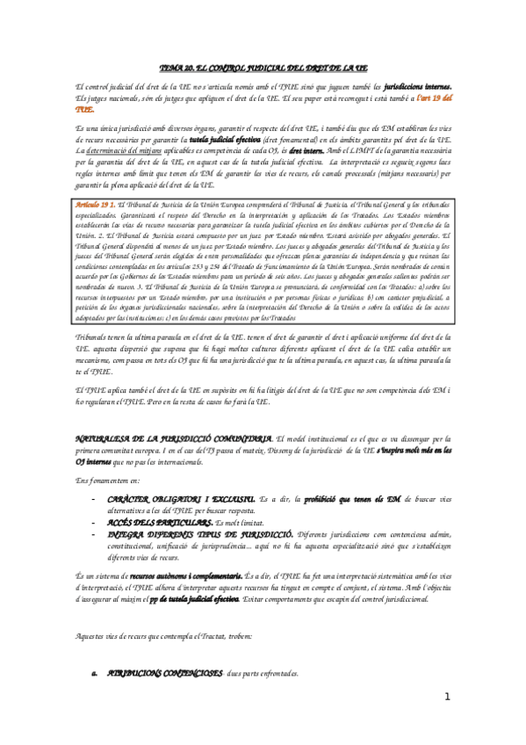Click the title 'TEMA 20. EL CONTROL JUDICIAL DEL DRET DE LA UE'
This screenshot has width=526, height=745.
pyautogui.click(x=263, y=67)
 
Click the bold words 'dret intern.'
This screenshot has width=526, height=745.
pyautogui.click(x=301, y=151)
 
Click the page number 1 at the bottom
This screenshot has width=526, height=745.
pyautogui.click(x=447, y=698)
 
